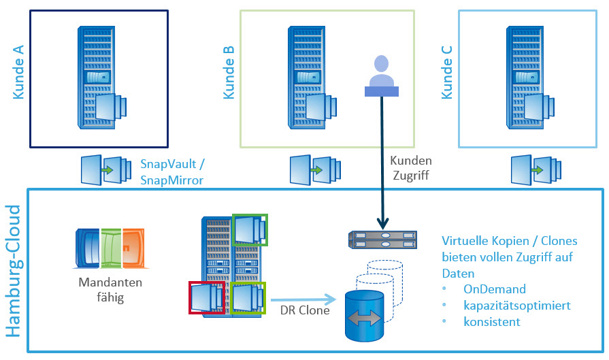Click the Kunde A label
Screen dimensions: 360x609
click(x=18, y=73)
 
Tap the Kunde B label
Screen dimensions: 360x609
click(x=230, y=73)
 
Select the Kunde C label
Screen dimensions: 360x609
click(x=447, y=73)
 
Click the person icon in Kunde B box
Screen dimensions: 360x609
click(x=381, y=75)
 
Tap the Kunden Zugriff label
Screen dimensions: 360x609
click(x=411, y=168)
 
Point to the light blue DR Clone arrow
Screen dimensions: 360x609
click(x=304, y=298)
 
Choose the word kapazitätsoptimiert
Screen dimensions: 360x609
click(x=518, y=306)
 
